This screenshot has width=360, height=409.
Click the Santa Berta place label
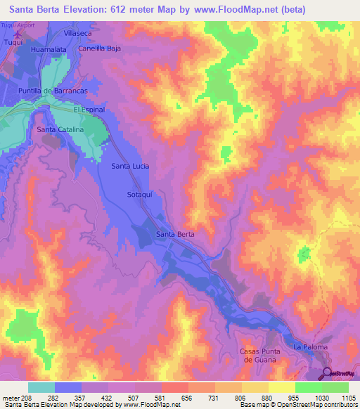[175, 234]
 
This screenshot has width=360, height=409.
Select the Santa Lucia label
[130, 166]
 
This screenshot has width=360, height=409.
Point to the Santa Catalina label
[60, 130]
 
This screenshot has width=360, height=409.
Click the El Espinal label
[89, 110]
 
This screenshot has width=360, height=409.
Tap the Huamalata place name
[48, 51]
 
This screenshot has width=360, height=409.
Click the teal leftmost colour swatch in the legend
[41, 387]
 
